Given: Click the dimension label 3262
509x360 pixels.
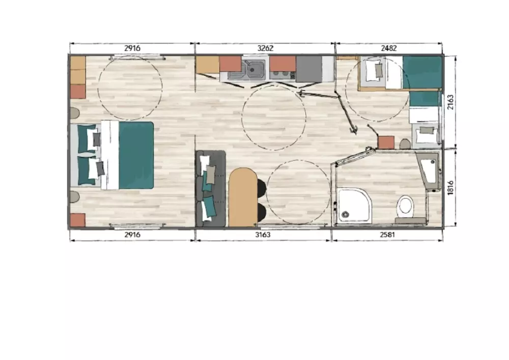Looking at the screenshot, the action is [x=265, y=48].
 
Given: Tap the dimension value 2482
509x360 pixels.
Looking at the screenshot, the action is [x=388, y=48].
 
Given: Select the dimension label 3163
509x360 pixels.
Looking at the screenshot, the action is [x=263, y=234].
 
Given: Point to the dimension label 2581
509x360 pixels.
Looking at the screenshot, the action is [x=387, y=234].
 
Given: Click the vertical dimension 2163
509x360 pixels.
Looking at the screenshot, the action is [x=450, y=102].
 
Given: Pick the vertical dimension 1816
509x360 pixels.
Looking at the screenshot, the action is [x=450, y=188].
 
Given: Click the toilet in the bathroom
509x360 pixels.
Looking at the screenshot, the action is [x=405, y=207].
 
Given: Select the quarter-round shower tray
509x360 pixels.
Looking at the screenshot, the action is [x=354, y=206].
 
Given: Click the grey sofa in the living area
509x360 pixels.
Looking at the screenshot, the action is [x=211, y=188].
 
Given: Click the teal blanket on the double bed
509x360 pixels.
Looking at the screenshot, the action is [x=136, y=155].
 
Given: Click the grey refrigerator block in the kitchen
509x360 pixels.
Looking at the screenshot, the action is [x=309, y=69].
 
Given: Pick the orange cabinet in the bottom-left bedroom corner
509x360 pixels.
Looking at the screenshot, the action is [x=78, y=220].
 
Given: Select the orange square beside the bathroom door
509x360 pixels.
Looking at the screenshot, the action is [x=386, y=143].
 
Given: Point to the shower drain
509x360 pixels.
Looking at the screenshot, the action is [x=345, y=214].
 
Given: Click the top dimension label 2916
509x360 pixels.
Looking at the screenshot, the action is [x=132, y=48].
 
